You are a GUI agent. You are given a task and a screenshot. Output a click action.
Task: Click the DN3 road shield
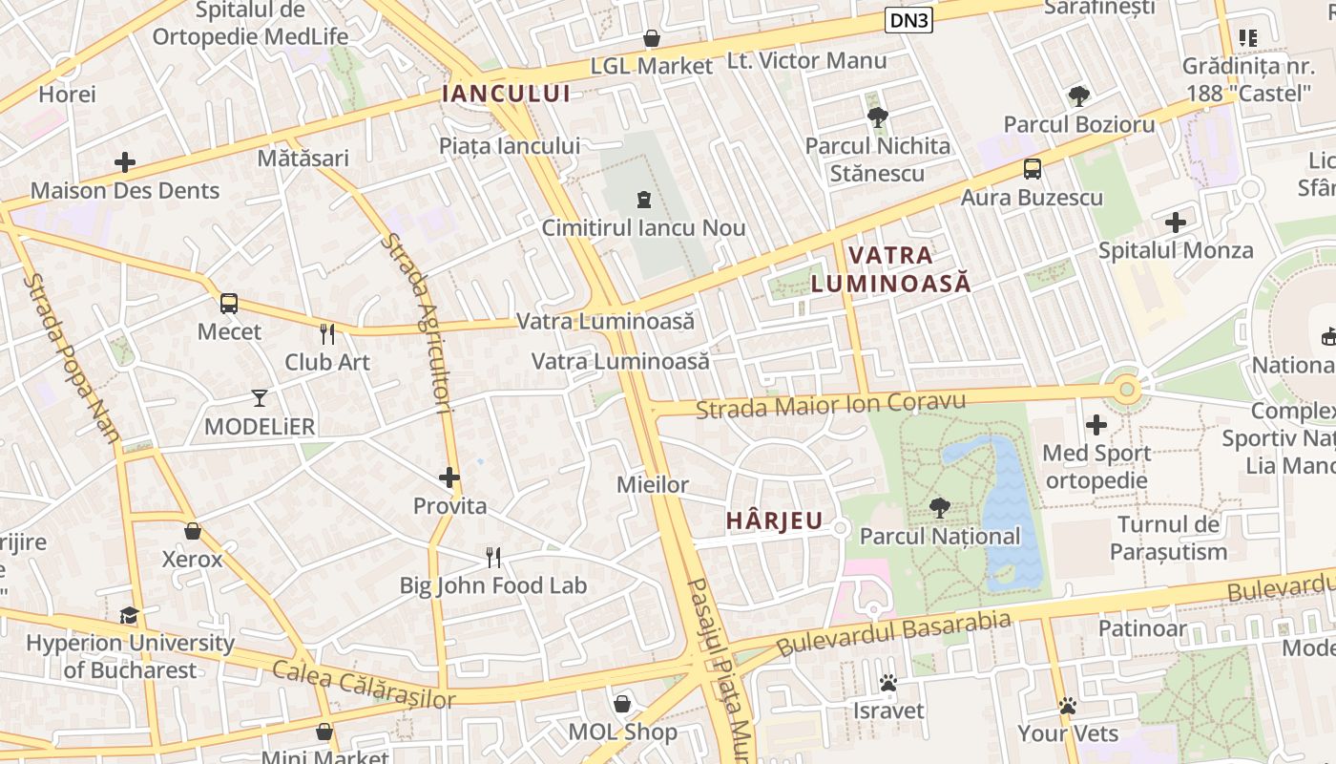click(908, 20)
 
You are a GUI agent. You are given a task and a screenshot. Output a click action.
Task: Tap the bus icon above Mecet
click(229, 304)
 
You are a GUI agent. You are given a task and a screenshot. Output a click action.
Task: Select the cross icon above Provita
click(449, 477)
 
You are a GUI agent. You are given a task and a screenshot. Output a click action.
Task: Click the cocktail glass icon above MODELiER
click(260, 397)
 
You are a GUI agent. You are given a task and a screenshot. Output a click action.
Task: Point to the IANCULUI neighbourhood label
click(506, 94)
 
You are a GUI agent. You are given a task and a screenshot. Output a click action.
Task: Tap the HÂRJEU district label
click(774, 520)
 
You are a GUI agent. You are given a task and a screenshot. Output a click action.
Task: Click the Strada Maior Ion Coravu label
click(830, 405)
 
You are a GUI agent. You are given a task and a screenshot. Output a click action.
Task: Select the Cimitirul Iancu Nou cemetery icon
click(643, 200)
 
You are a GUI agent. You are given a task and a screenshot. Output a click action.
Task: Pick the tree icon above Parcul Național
click(939, 508)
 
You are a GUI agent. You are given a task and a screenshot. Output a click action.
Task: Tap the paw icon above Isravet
click(888, 683)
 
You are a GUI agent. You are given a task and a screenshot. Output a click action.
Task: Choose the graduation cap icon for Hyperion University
click(130, 615)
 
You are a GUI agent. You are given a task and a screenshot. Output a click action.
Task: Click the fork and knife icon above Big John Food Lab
click(493, 557)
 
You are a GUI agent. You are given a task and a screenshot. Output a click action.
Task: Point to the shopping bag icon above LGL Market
click(652, 38)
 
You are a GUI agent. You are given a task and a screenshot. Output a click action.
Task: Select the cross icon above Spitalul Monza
click(1176, 223)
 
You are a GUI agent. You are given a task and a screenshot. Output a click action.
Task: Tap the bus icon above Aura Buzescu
click(1032, 169)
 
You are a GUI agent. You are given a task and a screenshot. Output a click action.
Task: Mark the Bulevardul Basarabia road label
click(893, 633)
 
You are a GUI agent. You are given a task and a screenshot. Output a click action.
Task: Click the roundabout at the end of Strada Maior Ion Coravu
click(1127, 389)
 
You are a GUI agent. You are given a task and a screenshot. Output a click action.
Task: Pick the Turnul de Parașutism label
click(1168, 538)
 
